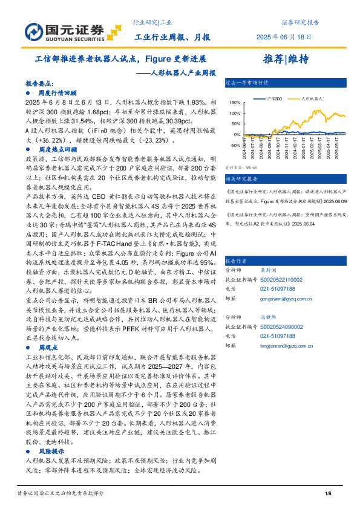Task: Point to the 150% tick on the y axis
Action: click(235, 104)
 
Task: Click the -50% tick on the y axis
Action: click(235, 144)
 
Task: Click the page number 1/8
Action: click(328, 494)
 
